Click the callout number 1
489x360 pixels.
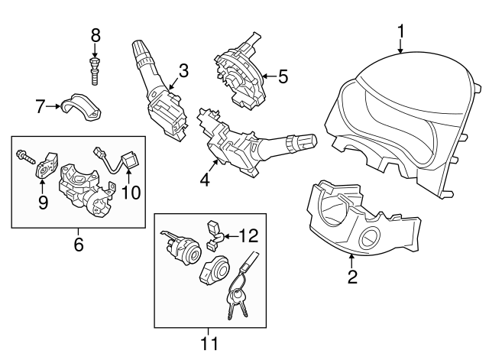click(400, 32)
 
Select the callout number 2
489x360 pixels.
click(352, 277)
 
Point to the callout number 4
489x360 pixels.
click(205, 180)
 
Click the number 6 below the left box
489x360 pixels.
click(78, 245)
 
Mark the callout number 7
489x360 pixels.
click(40, 106)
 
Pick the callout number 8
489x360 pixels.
click(96, 34)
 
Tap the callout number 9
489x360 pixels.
click(43, 202)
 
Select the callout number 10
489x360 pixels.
click(131, 192)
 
